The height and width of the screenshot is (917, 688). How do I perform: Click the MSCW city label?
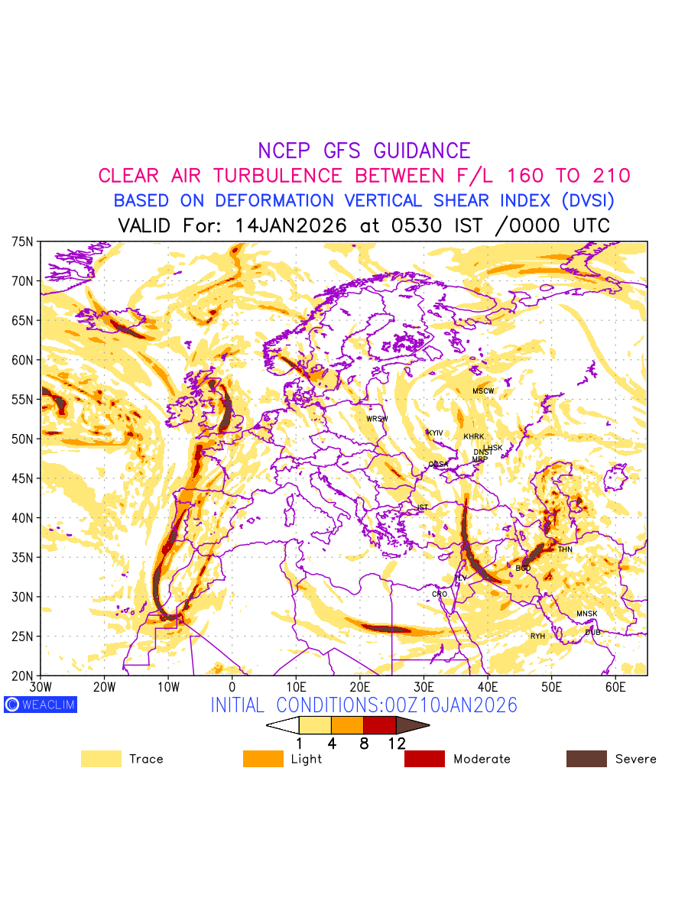pyautogui.click(x=483, y=391)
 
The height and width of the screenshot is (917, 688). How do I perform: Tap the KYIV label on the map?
pyautogui.click(x=435, y=433)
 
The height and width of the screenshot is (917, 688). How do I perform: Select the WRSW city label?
pyautogui.click(x=377, y=419)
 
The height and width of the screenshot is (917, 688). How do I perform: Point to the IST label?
pyautogui.click(x=423, y=507)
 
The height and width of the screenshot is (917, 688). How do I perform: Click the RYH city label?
pyautogui.click(x=538, y=636)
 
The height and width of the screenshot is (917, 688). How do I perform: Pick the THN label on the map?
pyautogui.click(x=565, y=549)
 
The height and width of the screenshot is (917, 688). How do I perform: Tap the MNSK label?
pyautogui.click(x=587, y=614)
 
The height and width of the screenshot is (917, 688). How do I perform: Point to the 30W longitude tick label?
pyautogui.click(x=41, y=688)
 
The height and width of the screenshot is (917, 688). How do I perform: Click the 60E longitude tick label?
pyautogui.click(x=615, y=688)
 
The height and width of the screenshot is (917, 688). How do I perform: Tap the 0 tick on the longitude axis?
pyautogui.click(x=232, y=688)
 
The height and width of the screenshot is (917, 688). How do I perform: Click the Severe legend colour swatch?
pyautogui.click(x=586, y=759)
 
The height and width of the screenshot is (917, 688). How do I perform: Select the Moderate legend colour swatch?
pyautogui.click(x=424, y=759)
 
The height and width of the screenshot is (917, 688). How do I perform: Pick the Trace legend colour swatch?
pyautogui.click(x=101, y=759)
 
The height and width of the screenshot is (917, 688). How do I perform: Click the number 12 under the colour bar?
pyautogui.click(x=396, y=743)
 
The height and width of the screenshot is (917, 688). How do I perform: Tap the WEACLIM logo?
pyautogui.click(x=41, y=705)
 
